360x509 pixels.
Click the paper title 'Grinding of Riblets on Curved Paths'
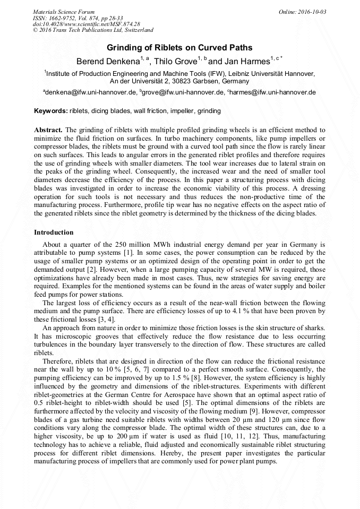180,48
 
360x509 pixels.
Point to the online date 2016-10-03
310,12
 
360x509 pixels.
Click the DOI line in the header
86,24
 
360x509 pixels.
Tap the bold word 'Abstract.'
48,130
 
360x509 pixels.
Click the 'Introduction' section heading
54,232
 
